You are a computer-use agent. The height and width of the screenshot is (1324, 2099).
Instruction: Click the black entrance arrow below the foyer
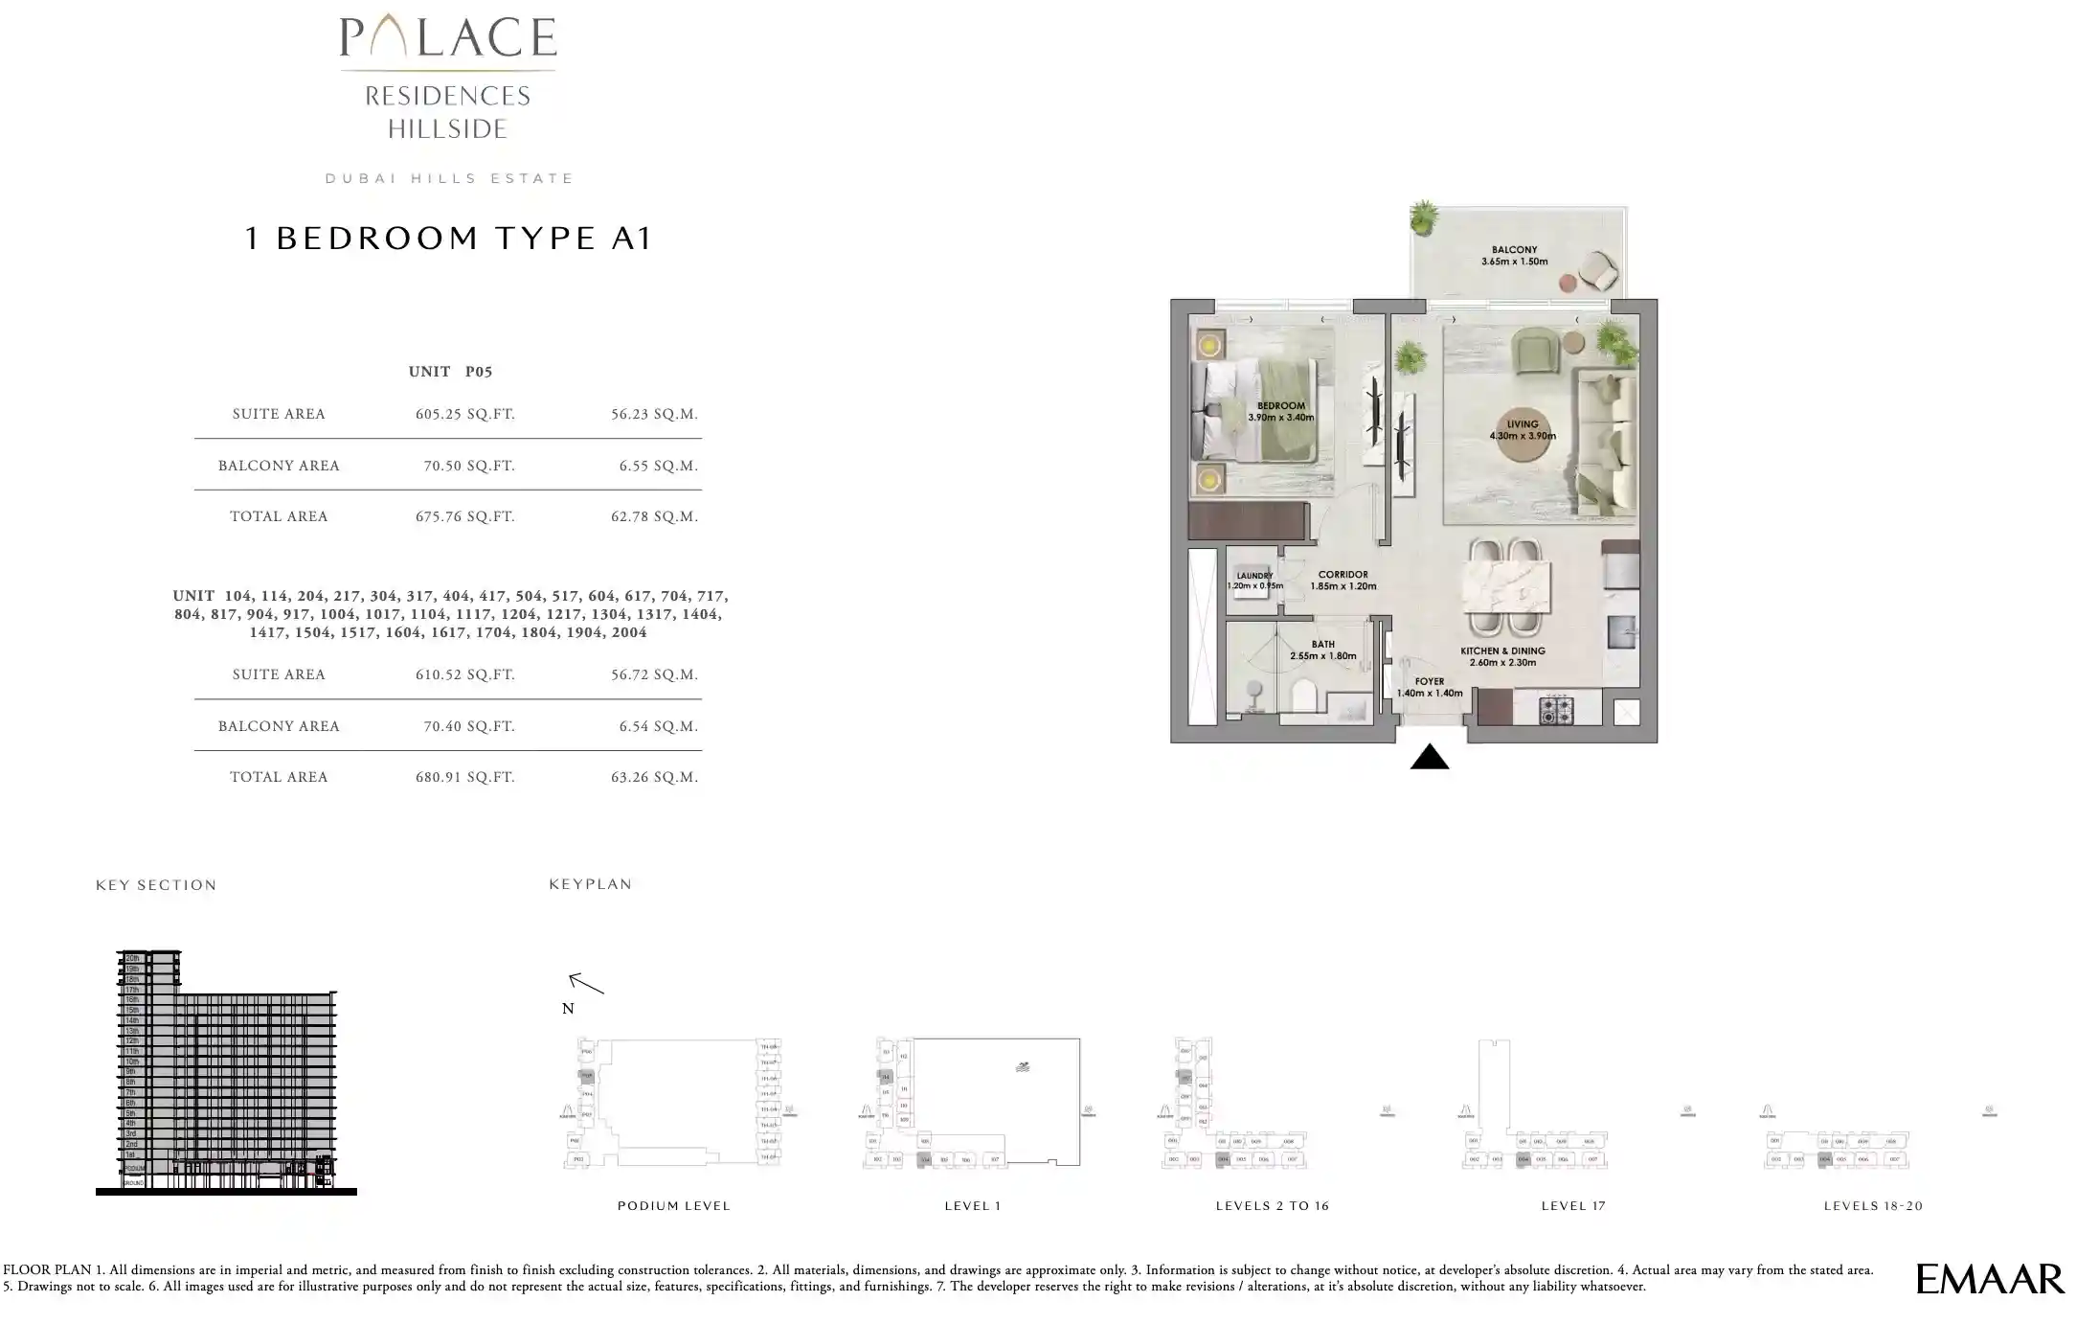pos(1429,757)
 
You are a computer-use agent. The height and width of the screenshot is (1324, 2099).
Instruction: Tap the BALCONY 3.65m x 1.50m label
pos(1514,256)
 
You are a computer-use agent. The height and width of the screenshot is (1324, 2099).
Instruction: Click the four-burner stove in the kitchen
pos(1555,710)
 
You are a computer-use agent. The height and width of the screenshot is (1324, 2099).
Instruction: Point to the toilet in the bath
pos(1304,696)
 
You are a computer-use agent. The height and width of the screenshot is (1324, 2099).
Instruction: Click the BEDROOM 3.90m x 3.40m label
pos(1280,412)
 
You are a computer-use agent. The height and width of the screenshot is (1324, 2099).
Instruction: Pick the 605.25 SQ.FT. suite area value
pos(464,414)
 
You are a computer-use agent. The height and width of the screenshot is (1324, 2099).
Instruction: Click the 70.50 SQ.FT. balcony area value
pos(469,466)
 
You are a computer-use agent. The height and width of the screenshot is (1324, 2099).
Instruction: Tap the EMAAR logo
pos(1990,1279)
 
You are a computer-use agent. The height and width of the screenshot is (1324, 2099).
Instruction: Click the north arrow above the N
pos(586,983)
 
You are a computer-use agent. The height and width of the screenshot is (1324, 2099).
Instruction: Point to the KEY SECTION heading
pos(156,885)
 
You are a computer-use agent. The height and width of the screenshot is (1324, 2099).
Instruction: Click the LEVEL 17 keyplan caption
pos(1572,1206)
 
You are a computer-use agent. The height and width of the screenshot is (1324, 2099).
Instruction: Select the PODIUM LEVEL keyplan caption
pos(673,1206)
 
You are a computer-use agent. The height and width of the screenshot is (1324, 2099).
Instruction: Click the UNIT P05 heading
pos(450,372)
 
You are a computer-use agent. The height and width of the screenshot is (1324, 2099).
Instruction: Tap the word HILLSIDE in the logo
pos(447,129)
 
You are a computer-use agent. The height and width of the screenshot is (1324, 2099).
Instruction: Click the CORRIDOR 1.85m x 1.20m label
pos(1343,581)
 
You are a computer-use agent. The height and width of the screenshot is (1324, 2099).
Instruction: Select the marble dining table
pos(1505,586)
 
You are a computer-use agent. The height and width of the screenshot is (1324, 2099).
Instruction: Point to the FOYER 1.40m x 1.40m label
pos(1429,687)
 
